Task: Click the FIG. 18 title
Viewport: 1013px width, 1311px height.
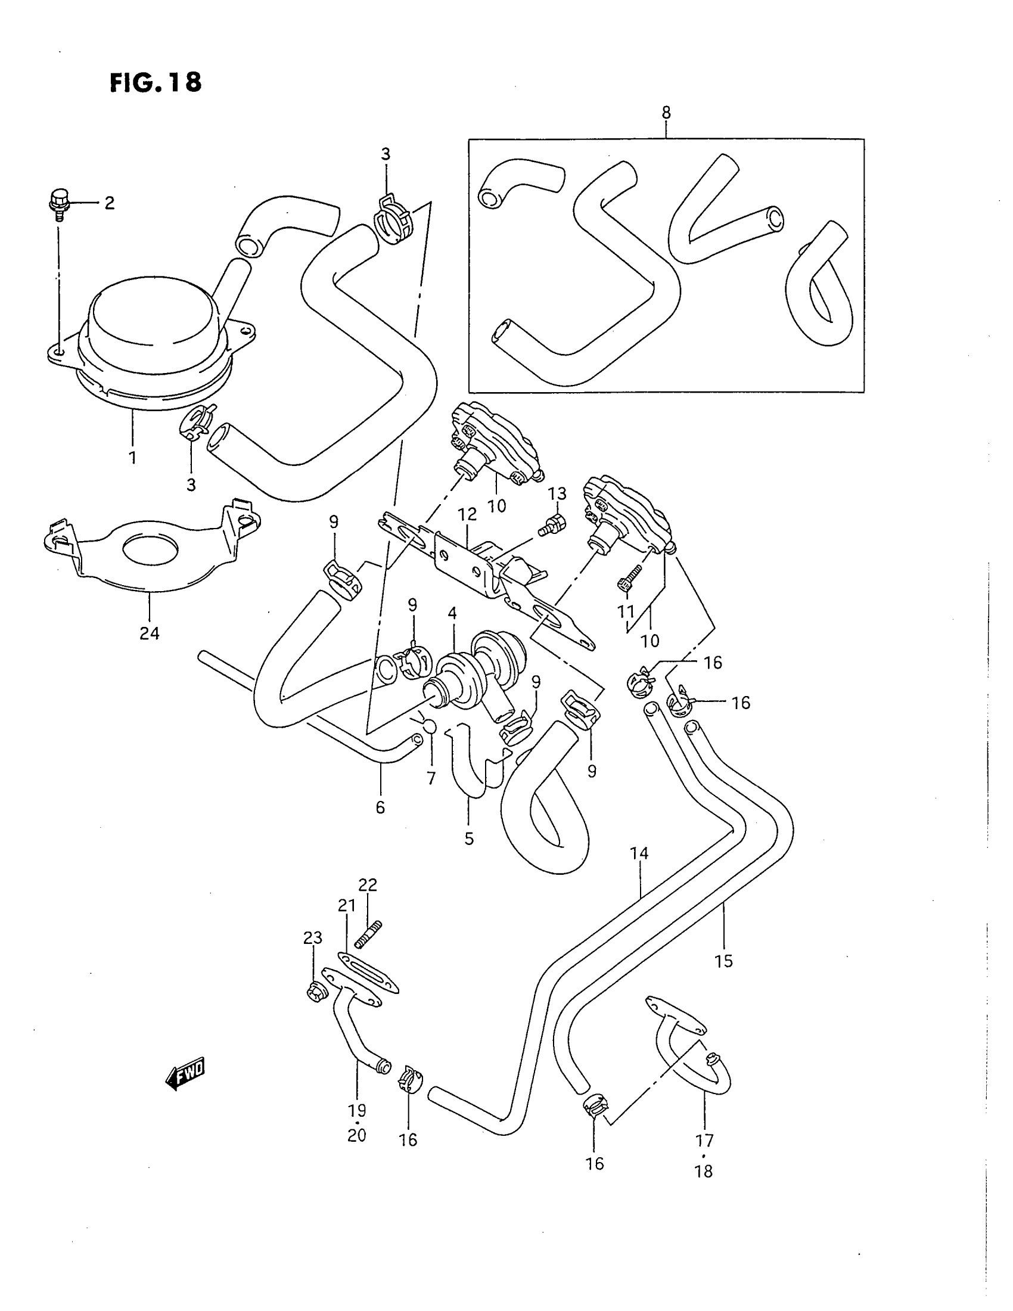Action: (x=156, y=83)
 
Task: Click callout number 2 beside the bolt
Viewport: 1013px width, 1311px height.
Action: (x=109, y=203)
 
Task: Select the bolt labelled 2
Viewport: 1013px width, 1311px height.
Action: (x=58, y=204)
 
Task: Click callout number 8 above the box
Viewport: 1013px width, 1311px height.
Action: (x=666, y=112)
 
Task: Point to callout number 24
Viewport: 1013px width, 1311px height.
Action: (x=150, y=633)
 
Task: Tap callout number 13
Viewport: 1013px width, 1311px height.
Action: (x=558, y=493)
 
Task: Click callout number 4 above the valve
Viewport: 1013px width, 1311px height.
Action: (x=452, y=613)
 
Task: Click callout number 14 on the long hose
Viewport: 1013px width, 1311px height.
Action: (x=639, y=853)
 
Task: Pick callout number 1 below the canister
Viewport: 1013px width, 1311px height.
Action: (x=132, y=458)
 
